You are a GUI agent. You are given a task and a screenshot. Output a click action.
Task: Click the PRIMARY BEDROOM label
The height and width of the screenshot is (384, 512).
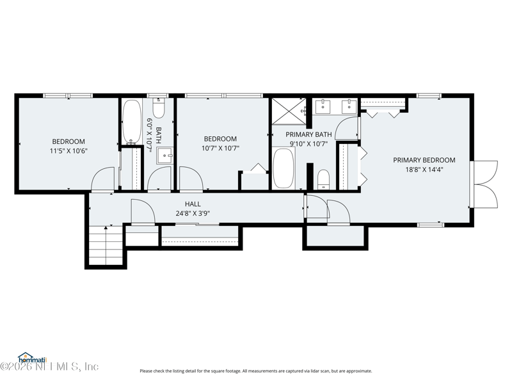point(424,160)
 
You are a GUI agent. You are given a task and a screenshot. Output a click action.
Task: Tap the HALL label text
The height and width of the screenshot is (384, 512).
point(193,204)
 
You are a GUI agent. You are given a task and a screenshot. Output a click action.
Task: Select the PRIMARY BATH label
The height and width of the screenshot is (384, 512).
point(308,134)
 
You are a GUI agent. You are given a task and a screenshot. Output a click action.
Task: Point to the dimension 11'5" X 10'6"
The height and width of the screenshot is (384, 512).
point(68,151)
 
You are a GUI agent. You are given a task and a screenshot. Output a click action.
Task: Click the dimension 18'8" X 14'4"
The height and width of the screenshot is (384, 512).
point(424,170)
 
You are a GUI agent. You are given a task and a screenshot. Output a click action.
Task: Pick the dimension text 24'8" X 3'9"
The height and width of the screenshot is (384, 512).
point(193,214)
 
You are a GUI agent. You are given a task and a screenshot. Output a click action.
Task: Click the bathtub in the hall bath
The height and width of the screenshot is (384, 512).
point(132,121)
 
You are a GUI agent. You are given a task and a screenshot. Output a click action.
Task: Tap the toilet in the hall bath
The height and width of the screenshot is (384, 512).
point(159,108)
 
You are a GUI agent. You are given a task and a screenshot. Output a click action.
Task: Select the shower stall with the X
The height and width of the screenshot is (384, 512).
point(289,111)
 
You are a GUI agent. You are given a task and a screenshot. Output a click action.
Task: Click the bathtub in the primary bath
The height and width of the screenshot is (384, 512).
point(284,168)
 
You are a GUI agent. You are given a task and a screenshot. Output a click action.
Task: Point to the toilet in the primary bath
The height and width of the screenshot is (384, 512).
point(324,179)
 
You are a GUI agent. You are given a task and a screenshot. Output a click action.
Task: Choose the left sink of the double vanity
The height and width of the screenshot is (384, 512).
point(323,106)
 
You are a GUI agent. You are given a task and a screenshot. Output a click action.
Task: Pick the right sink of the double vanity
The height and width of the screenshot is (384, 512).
point(349,106)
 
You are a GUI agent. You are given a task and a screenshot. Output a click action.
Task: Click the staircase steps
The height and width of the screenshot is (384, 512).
point(106,246)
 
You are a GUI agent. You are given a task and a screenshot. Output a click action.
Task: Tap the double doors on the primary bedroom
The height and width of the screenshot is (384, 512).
point(484,184)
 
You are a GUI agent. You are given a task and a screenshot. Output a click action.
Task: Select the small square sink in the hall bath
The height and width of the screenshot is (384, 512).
point(164,156)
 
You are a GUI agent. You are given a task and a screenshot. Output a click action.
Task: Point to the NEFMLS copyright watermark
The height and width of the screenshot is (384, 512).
point(49,367)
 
